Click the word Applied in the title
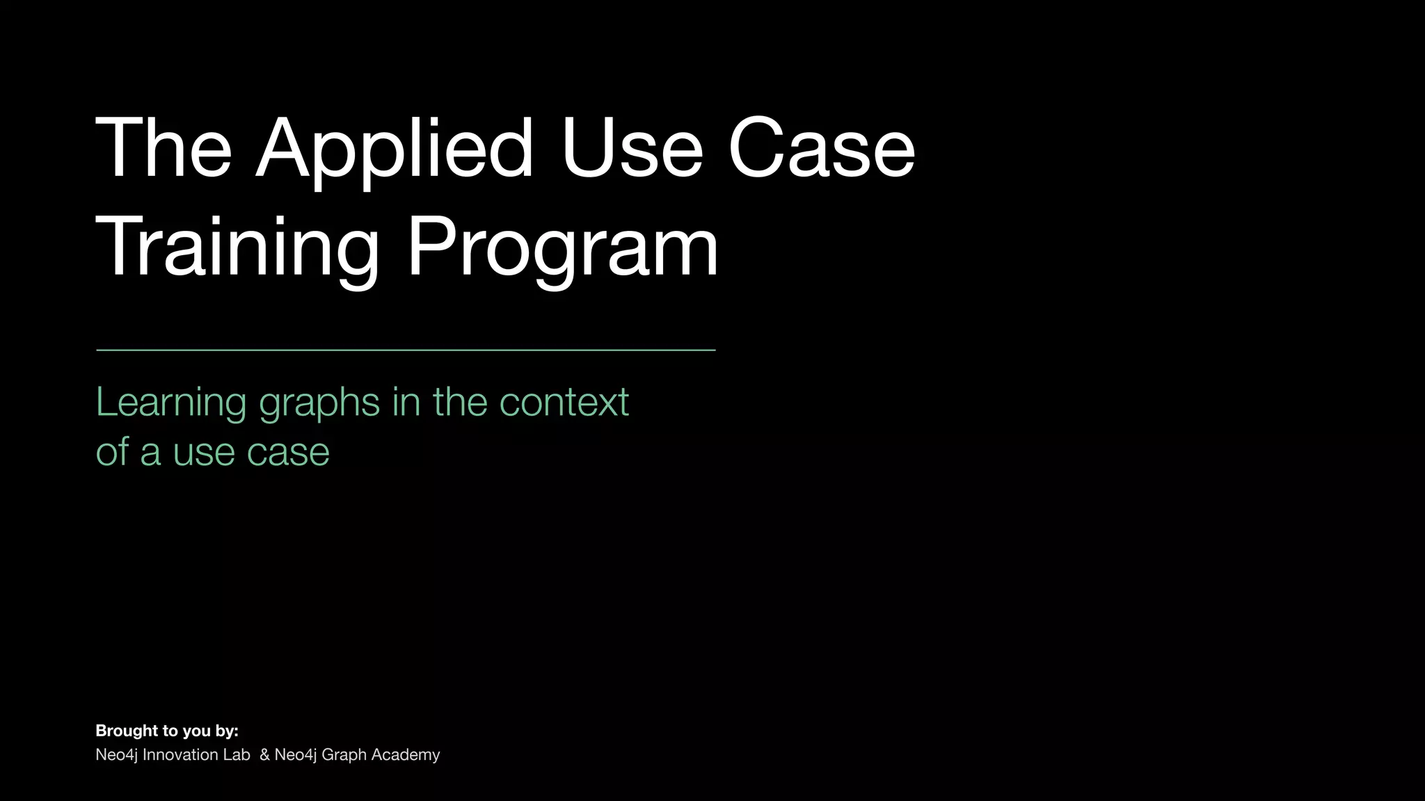395,149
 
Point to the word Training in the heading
237,248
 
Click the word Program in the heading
562,248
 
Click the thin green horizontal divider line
406,350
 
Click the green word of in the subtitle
111,452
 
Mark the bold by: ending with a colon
227,731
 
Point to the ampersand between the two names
264,754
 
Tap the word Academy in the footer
406,755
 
